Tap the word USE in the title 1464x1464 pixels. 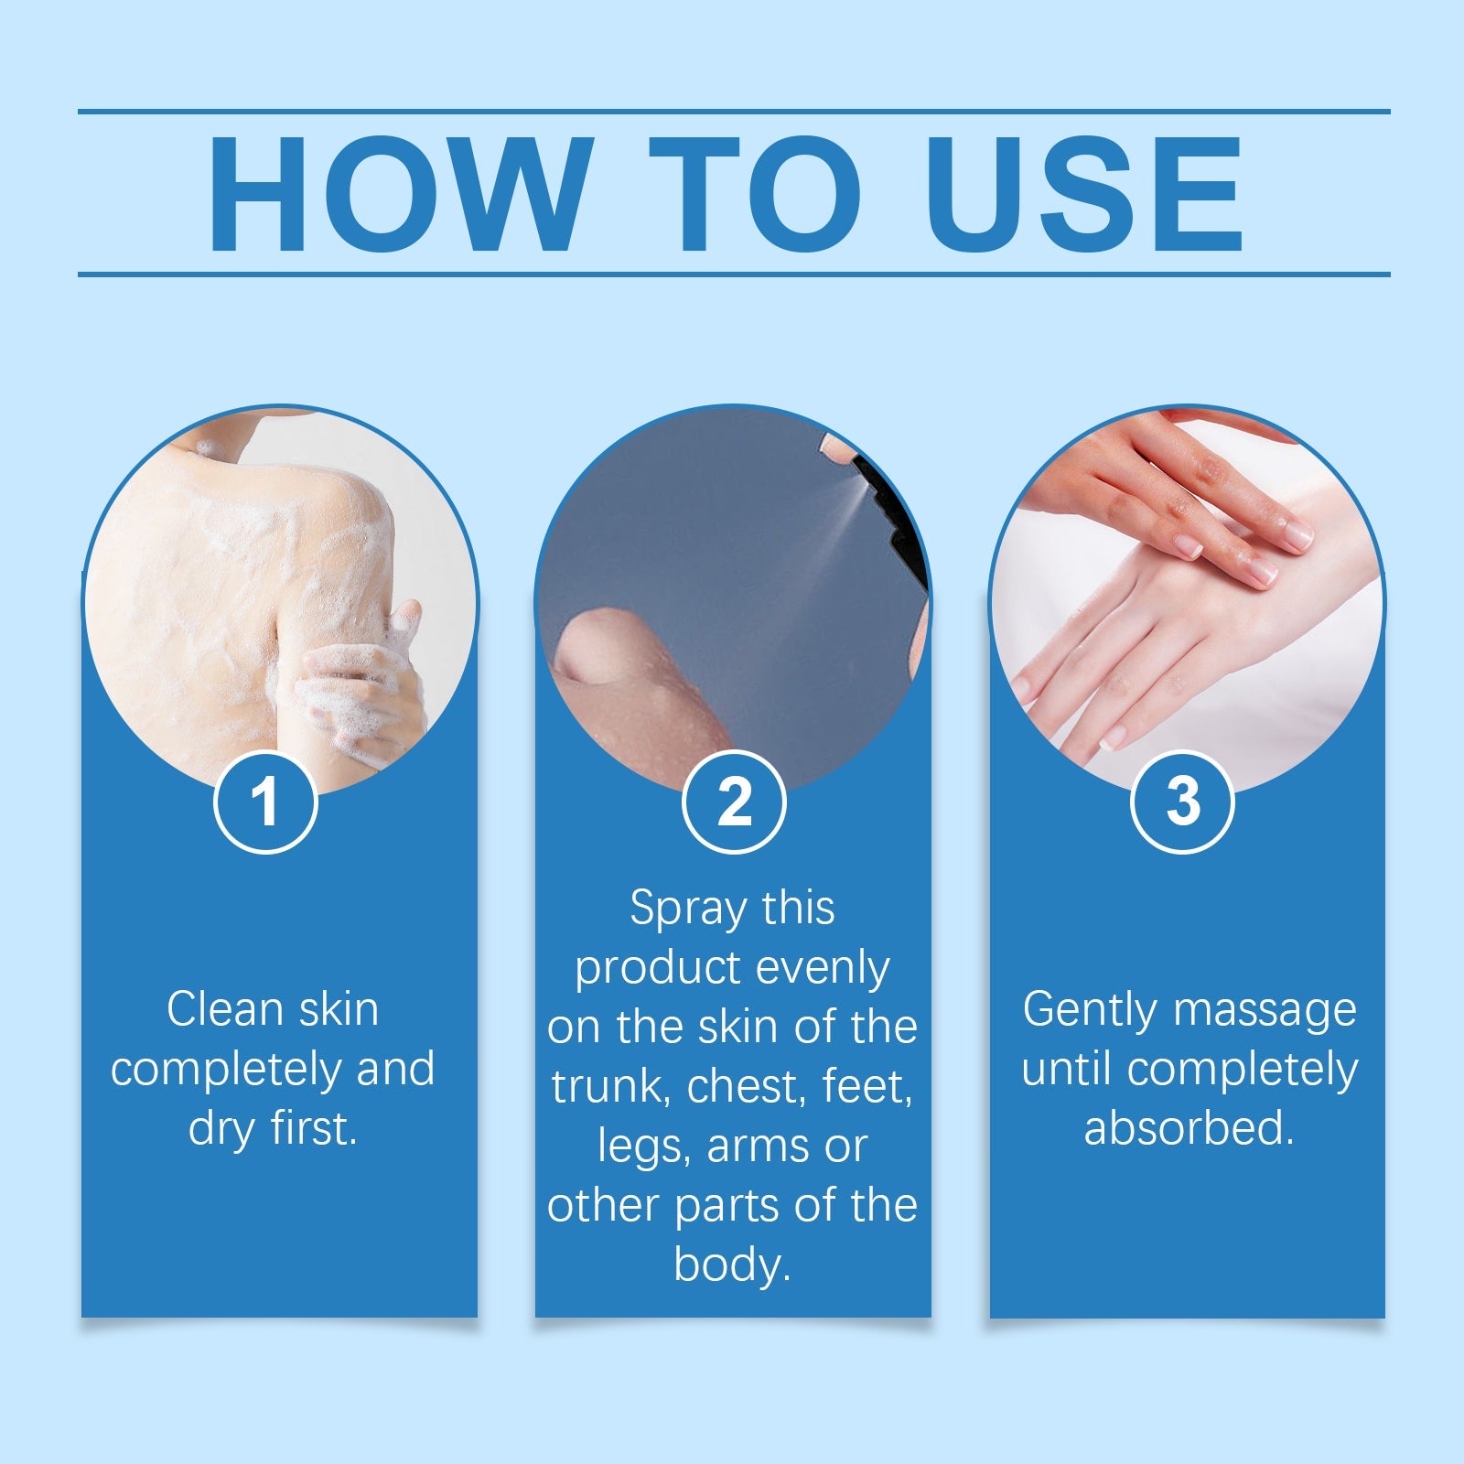(x=1083, y=194)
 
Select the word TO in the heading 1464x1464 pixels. (x=755, y=194)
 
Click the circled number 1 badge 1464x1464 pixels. (x=265, y=802)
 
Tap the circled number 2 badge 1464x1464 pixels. (x=734, y=802)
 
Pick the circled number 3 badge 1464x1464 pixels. (x=1182, y=802)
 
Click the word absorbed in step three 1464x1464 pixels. (x=1189, y=1127)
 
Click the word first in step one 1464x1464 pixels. (x=313, y=1127)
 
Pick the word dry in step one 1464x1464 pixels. (x=221, y=1129)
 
